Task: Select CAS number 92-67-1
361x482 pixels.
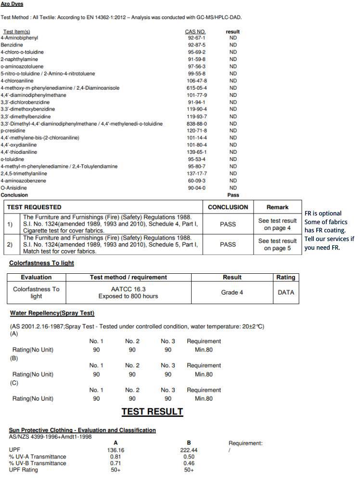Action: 196,38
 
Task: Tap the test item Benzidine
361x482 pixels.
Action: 12,45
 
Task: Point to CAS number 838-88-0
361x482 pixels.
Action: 196,123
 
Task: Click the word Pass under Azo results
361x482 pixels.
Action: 233,195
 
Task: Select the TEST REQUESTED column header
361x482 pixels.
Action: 34,207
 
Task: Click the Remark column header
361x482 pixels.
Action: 277,207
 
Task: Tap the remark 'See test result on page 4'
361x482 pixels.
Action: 277,225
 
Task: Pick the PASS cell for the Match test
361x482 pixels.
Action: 228,244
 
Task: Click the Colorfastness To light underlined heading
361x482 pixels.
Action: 41,263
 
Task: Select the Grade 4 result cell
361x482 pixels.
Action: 232,293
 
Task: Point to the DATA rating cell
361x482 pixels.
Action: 285,293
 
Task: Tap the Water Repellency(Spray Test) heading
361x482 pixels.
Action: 52,313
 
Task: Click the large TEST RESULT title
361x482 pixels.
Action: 152,412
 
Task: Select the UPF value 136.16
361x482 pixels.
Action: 116,450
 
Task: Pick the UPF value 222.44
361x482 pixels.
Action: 189,450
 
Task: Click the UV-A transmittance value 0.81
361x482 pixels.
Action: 116,456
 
